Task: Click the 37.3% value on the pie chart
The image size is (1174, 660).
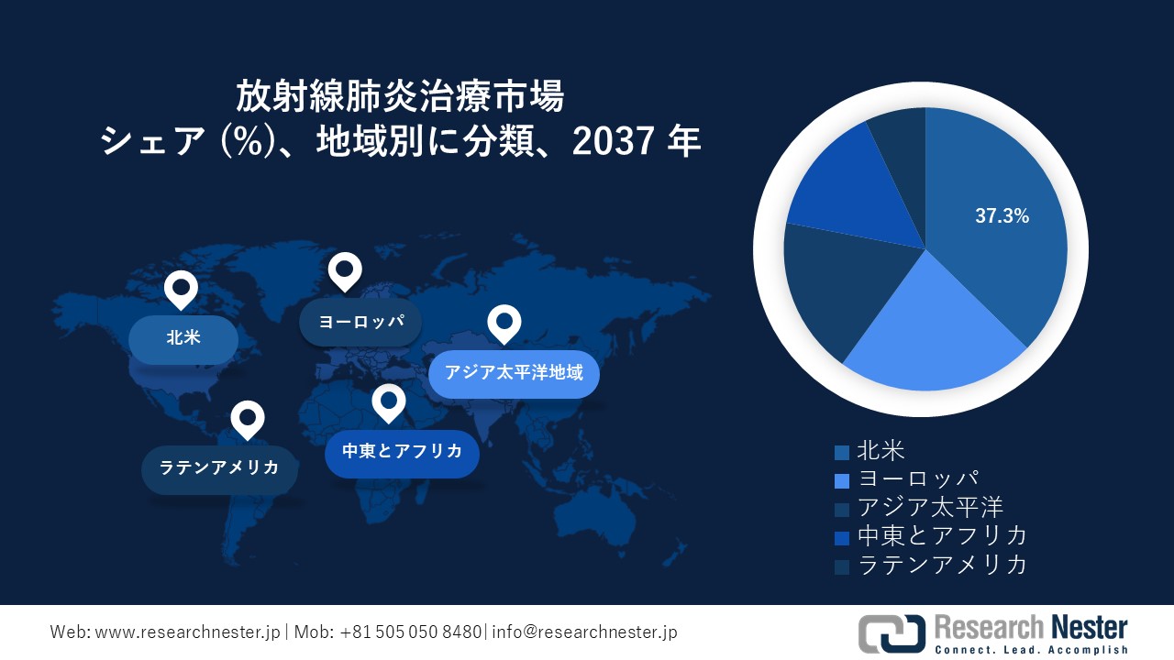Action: click(x=1002, y=217)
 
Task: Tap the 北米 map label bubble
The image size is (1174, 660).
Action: click(x=183, y=338)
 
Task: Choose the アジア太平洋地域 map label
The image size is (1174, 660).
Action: click(x=514, y=373)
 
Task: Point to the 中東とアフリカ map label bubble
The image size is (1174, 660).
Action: click(x=402, y=452)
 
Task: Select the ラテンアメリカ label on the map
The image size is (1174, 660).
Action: click(x=219, y=468)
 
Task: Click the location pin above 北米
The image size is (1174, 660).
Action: click(x=181, y=289)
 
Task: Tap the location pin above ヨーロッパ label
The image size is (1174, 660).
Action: click(x=345, y=271)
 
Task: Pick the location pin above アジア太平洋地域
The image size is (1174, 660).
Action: click(x=504, y=323)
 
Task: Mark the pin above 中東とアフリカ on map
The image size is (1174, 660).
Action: click(x=389, y=402)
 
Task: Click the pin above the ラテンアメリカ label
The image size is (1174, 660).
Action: click(x=248, y=419)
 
